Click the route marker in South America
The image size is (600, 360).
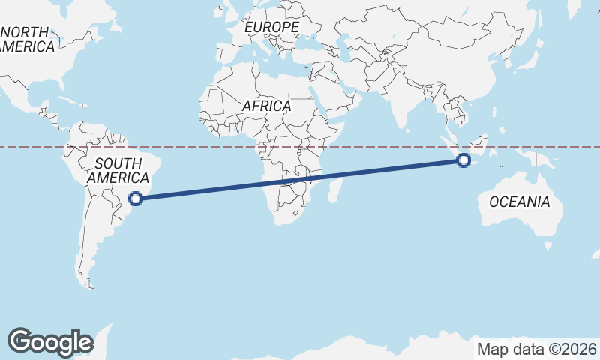pos(136,199)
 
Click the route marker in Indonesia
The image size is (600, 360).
pos(463,160)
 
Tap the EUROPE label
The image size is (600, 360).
pos(271,27)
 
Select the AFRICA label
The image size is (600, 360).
pos(266,106)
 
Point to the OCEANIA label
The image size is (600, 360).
pos(519,202)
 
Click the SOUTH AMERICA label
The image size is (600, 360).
pos(118,171)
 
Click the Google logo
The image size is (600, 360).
pos(50,341)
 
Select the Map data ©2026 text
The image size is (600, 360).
pos(536,349)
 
